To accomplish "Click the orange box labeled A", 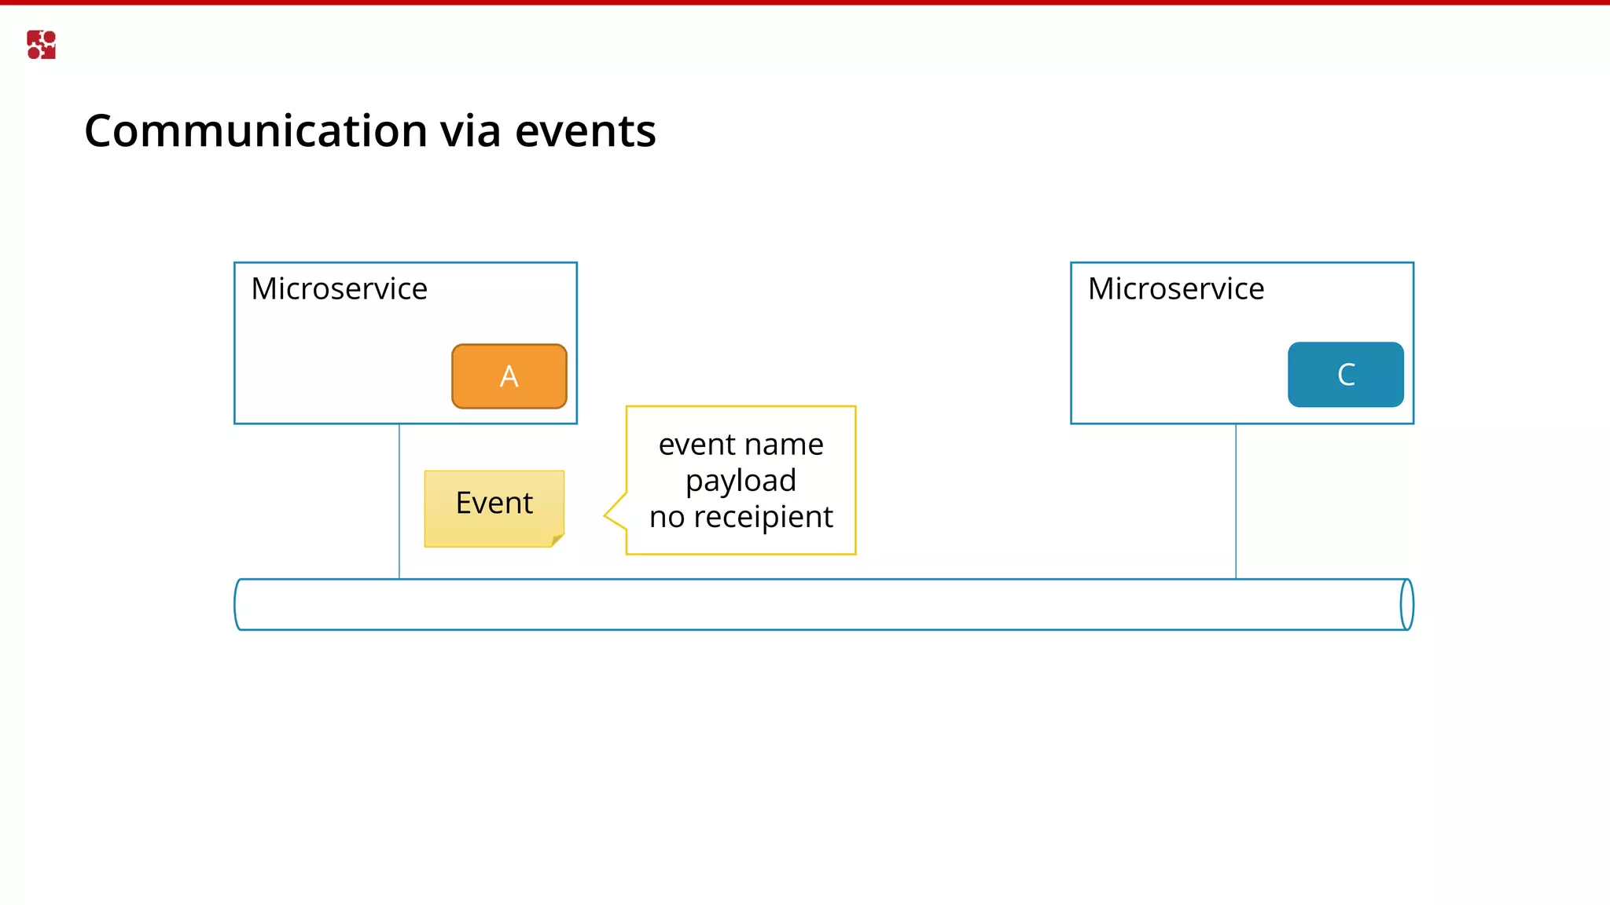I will (509, 376).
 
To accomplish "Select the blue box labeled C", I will (1345, 375).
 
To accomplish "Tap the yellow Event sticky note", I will (494, 507).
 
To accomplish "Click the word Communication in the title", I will (256, 130).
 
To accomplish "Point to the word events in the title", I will (585, 130).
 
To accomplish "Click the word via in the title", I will (470, 130).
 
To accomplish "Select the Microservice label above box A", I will (339, 289).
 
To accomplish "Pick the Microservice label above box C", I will (1175, 289).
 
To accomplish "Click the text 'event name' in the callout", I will (741, 445).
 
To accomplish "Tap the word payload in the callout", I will (741, 481).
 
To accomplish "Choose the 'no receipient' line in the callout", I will (741, 517).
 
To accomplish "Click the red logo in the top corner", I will (41, 45).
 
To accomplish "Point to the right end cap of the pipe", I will (1406, 604).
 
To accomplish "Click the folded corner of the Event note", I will (557, 540).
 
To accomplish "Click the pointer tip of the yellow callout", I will (606, 515).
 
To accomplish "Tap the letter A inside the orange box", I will (509, 376).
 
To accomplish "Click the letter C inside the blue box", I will (1346, 375).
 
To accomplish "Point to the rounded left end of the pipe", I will (238, 604).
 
